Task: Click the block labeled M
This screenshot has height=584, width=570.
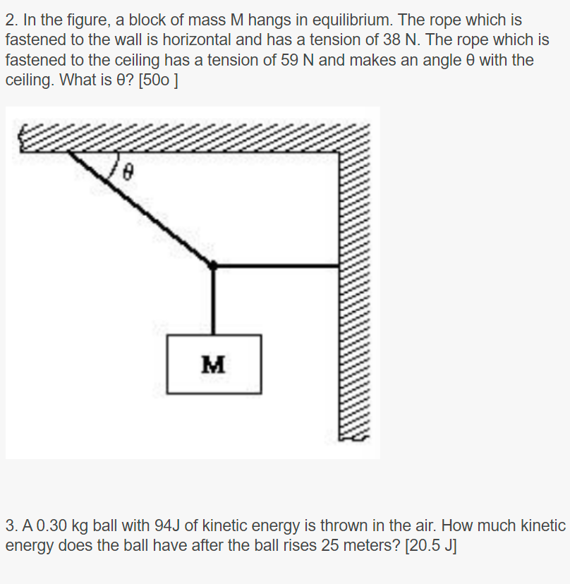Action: (x=214, y=364)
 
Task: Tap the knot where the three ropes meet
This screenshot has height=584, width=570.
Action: (x=213, y=265)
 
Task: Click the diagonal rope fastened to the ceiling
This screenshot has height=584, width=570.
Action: (x=141, y=208)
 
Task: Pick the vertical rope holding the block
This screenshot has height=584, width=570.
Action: (x=213, y=300)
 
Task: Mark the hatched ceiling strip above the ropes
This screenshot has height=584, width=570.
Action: (x=190, y=138)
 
